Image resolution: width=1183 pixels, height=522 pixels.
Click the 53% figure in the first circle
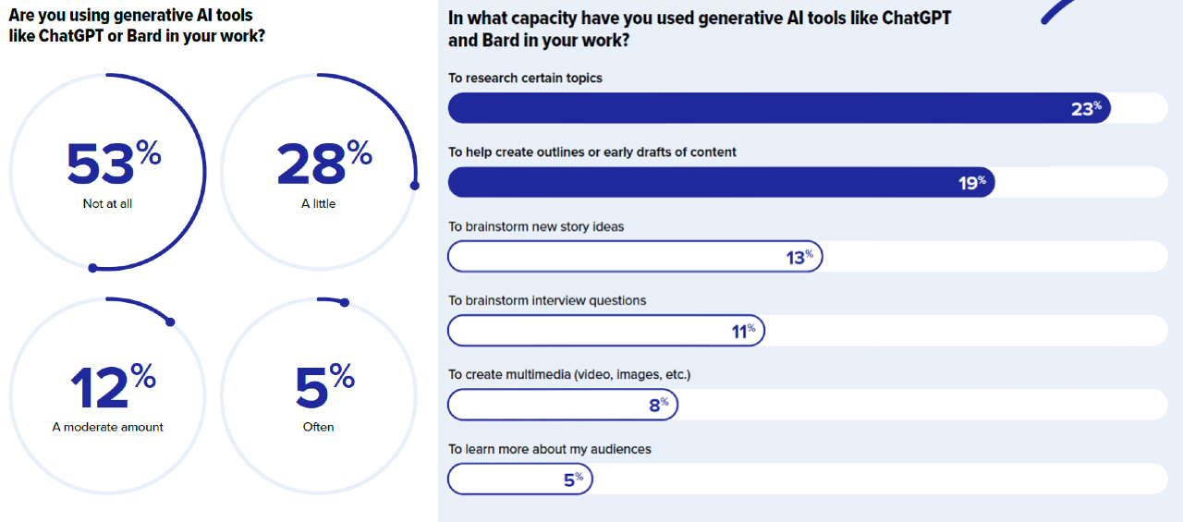point(114,164)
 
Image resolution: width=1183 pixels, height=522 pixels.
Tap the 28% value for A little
point(323,164)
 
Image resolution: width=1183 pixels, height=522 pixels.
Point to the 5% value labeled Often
point(324,386)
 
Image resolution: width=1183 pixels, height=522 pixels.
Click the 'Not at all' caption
point(107,203)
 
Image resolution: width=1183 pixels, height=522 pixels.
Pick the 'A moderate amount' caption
point(108,427)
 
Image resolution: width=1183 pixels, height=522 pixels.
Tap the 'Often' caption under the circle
point(319,427)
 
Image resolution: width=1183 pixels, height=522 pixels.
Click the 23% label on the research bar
point(1086,108)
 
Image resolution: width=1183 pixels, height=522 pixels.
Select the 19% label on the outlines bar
point(971,183)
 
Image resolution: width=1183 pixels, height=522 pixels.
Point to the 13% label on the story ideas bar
point(799,257)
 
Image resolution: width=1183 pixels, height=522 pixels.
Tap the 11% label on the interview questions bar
point(743,331)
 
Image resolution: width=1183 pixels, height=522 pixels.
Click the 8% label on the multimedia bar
point(658,404)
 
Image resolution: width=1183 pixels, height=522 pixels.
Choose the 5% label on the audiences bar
point(573,480)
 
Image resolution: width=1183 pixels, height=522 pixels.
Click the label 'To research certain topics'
point(525,78)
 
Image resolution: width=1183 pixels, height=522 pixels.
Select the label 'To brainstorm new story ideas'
point(536,226)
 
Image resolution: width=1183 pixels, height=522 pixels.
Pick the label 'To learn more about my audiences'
point(550,449)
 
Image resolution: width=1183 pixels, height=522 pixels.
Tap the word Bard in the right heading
point(499,40)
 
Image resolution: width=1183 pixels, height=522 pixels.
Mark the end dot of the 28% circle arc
point(414,185)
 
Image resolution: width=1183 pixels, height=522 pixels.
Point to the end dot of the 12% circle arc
point(170,322)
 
